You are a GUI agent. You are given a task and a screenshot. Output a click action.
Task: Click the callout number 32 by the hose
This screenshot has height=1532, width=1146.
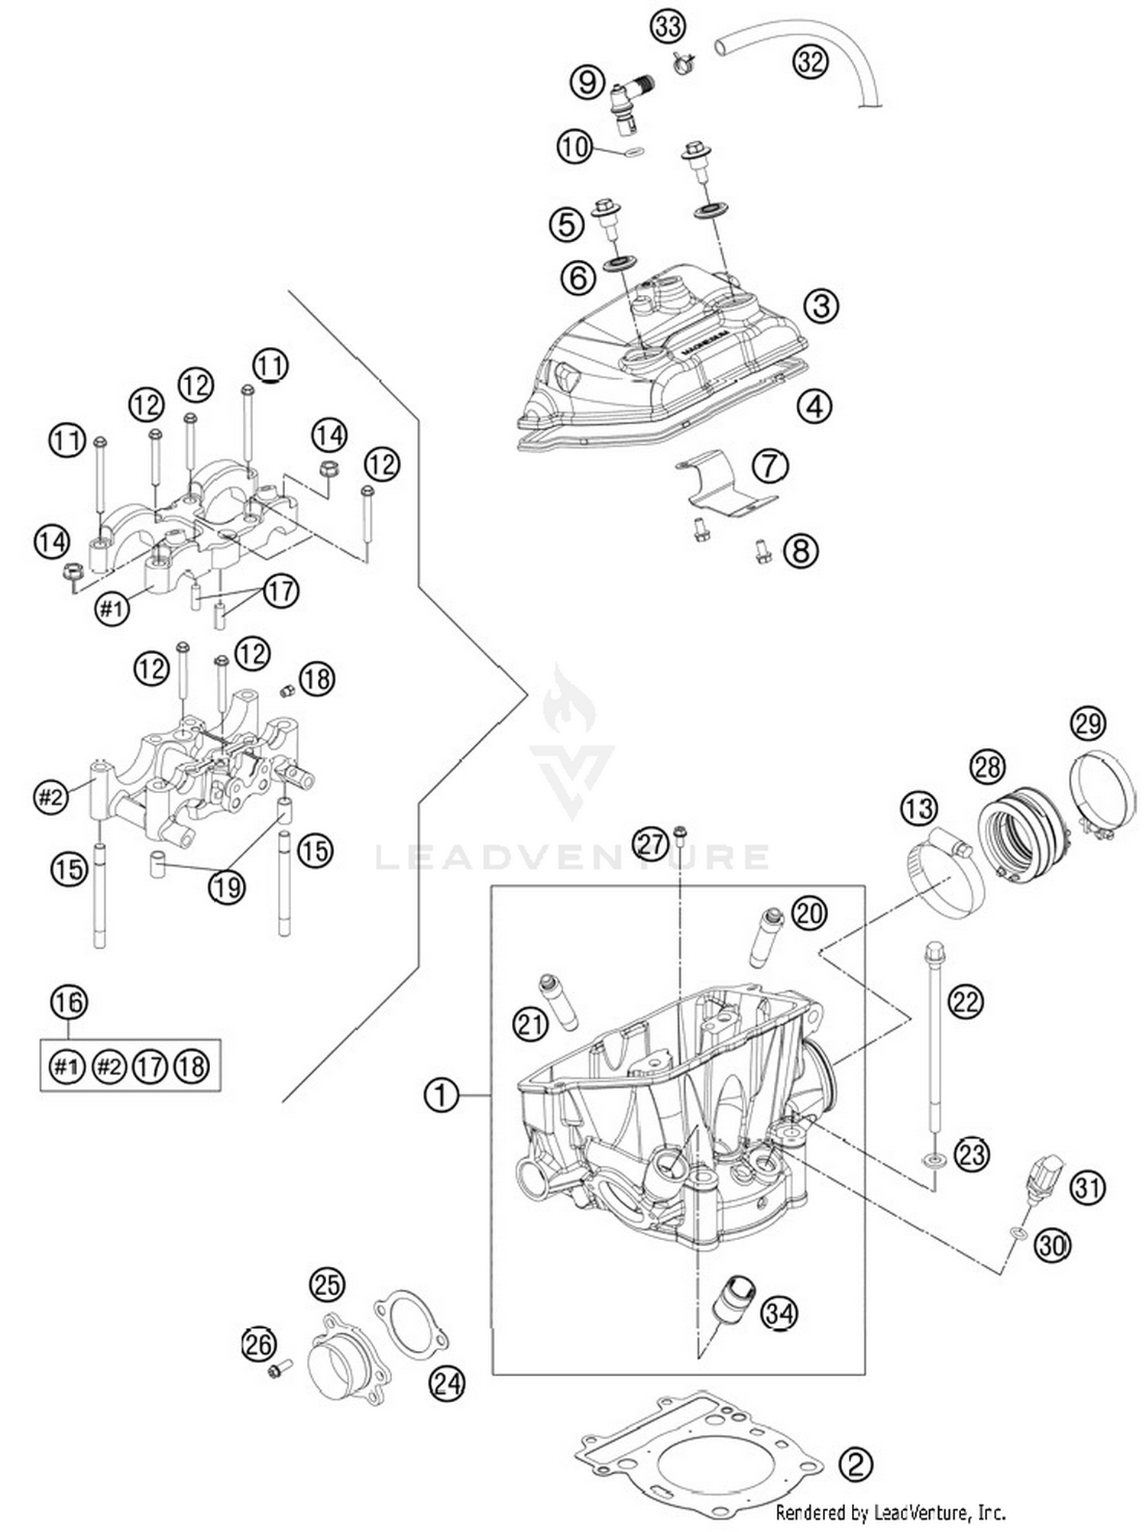pyautogui.click(x=810, y=60)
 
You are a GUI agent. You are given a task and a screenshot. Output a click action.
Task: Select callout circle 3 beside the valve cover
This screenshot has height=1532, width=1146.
pyautogui.click(x=821, y=306)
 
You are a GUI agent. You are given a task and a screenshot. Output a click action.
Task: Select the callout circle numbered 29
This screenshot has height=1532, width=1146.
pyautogui.click(x=1088, y=722)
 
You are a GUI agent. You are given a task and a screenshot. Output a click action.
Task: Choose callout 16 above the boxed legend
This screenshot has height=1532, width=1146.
pyautogui.click(x=69, y=1002)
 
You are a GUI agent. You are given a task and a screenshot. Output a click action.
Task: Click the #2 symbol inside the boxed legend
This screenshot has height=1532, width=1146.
pyautogui.click(x=109, y=1066)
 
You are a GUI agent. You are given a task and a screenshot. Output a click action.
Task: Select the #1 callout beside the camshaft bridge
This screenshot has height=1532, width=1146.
pyautogui.click(x=112, y=609)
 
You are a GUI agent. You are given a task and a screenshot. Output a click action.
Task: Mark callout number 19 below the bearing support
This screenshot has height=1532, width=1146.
pyautogui.click(x=227, y=887)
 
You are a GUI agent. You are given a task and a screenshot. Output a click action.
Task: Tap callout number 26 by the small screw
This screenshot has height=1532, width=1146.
pyautogui.click(x=259, y=1343)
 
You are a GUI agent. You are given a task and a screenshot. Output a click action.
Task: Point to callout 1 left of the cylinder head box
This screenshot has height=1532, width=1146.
pyautogui.click(x=441, y=1096)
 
